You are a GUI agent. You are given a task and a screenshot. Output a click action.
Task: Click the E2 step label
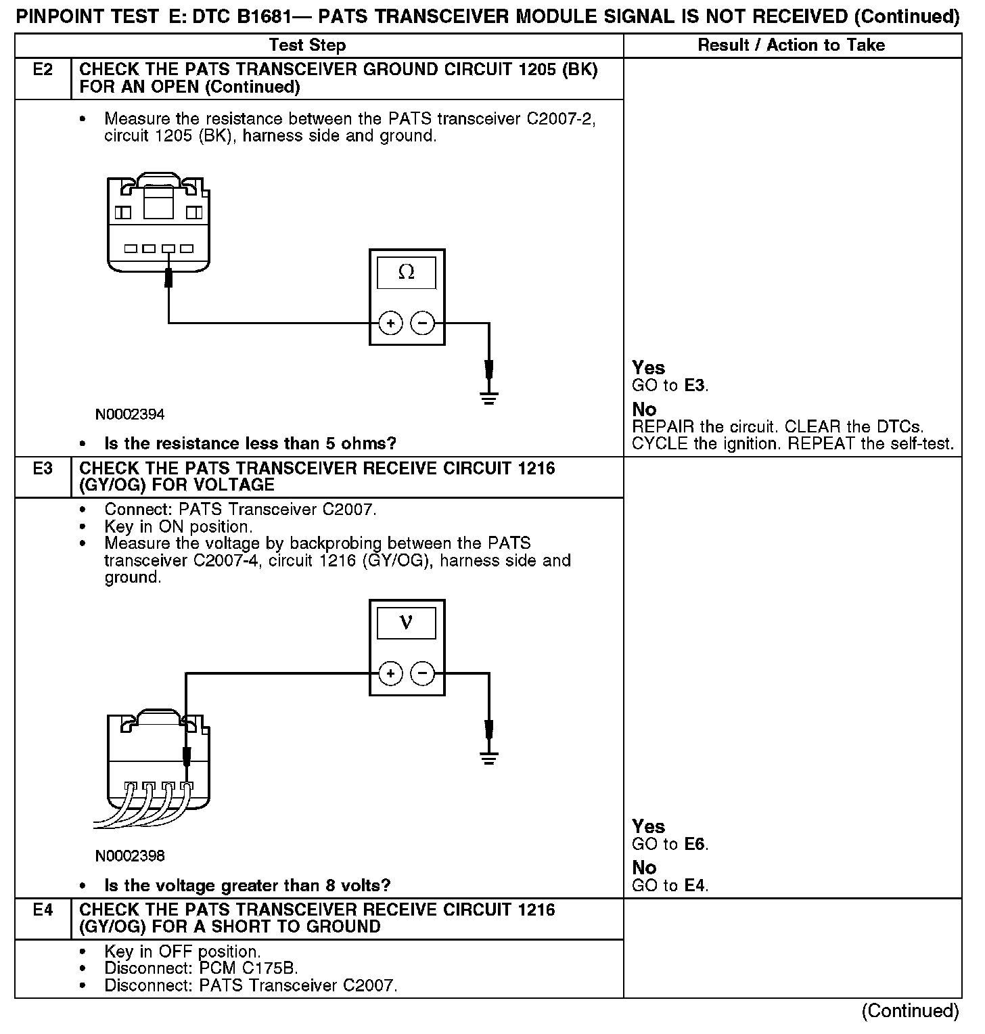[43, 70]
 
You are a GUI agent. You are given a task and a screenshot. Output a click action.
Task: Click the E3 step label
[43, 468]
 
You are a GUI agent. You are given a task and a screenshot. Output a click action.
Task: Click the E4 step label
[43, 910]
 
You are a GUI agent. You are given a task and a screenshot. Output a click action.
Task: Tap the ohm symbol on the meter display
[407, 272]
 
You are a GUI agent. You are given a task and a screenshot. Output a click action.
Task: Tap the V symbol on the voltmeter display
[407, 622]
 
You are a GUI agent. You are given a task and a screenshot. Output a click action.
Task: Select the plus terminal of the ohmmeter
[390, 324]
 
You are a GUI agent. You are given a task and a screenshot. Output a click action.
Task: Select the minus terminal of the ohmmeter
[423, 324]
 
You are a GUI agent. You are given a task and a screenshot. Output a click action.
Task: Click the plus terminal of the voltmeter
[390, 674]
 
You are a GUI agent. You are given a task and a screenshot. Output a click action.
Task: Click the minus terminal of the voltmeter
[423, 674]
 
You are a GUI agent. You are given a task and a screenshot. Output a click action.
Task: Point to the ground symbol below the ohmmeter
[489, 397]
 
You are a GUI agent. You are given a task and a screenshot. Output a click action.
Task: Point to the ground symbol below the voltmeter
[489, 757]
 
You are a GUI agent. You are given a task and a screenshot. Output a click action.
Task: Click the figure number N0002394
[130, 414]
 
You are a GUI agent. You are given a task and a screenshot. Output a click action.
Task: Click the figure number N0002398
[130, 856]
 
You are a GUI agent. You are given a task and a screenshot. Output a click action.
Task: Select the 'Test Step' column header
[308, 45]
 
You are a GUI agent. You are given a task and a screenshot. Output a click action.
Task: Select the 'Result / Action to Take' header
[792, 45]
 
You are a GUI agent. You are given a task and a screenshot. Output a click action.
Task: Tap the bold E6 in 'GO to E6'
[695, 845]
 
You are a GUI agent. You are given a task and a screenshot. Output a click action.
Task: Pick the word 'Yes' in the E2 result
[648, 368]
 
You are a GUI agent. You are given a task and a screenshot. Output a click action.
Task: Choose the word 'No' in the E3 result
[644, 868]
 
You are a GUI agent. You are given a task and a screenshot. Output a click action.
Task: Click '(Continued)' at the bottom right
[910, 1011]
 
